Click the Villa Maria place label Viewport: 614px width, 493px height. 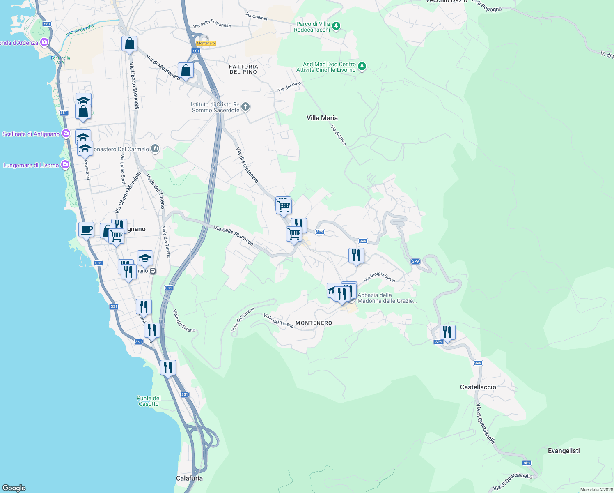pyautogui.click(x=322, y=118)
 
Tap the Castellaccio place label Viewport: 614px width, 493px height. pyautogui.click(x=478, y=387)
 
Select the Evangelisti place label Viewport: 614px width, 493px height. pyautogui.click(x=564, y=451)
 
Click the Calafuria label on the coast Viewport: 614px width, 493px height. pyautogui.click(x=189, y=478)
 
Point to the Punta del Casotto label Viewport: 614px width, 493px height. pyautogui.click(x=149, y=401)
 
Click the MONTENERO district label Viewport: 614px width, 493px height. pyautogui.click(x=314, y=323)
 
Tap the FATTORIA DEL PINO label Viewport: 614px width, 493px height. pyautogui.click(x=243, y=69)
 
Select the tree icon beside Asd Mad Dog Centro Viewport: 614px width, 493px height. pyautogui.click(x=362, y=67)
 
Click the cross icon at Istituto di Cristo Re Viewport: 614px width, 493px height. pyautogui.click(x=245, y=107)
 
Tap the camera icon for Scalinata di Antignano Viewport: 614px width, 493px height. pyautogui.click(x=66, y=134)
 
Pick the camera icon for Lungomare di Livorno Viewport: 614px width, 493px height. pyautogui.click(x=65, y=165)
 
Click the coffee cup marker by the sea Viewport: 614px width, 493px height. pyautogui.click(x=86, y=230)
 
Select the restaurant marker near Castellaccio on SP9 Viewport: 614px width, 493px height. pyautogui.click(x=447, y=332)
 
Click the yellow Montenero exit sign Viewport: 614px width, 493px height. pyautogui.click(x=206, y=43)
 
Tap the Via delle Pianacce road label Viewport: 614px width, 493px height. pyautogui.click(x=234, y=235)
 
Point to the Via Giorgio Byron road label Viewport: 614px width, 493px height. pyautogui.click(x=380, y=277)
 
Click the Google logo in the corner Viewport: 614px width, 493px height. pyautogui.click(x=14, y=488)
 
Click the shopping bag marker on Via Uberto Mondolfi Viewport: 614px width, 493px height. pyautogui.click(x=129, y=44)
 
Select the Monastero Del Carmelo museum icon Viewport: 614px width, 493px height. pyautogui.click(x=155, y=149)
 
